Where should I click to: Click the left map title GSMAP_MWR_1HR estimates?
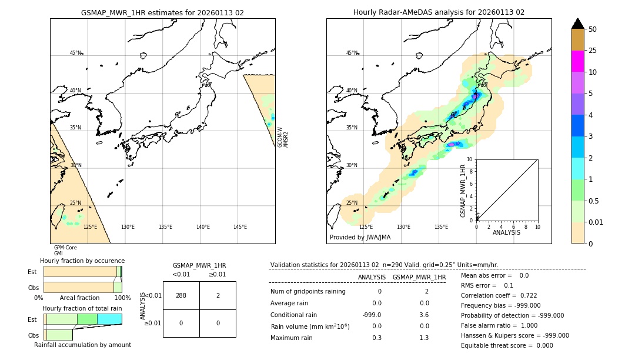[x=162, y=12]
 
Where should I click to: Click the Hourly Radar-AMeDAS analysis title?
[x=439, y=12]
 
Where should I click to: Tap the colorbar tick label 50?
[x=593, y=29]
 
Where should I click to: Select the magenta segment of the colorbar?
[x=577, y=61]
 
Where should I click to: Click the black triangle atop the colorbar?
[x=577, y=24]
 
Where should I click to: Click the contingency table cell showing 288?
[x=181, y=295]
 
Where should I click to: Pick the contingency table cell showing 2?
[x=218, y=295]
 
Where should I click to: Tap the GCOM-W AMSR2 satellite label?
[x=283, y=136]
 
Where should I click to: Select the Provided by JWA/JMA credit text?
[x=360, y=238]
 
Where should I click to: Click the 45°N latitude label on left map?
[x=75, y=53]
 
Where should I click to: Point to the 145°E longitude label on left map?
[x=240, y=227]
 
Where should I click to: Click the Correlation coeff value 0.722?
[x=524, y=295]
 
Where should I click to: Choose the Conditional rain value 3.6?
[x=424, y=315]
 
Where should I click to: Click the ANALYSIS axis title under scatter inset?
[x=506, y=232]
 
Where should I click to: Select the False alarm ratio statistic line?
[x=499, y=325]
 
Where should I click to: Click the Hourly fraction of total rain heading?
[x=82, y=309]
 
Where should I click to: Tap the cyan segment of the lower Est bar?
[x=109, y=319]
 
